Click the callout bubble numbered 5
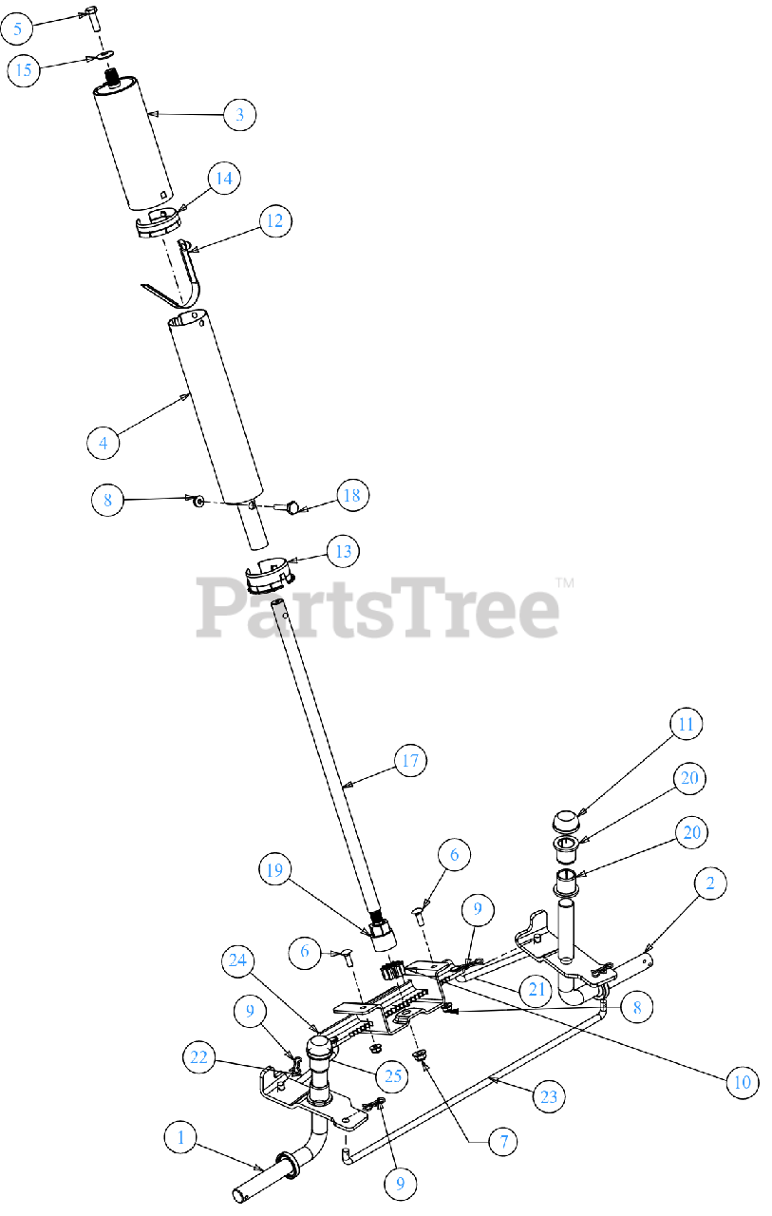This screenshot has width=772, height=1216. click(16, 28)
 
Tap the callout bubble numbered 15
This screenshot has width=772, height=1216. click(26, 69)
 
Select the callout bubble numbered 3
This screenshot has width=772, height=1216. click(239, 115)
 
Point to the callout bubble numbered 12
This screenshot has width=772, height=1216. click(274, 221)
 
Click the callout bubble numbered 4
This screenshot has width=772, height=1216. click(103, 442)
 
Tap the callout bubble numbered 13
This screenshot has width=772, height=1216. click(342, 551)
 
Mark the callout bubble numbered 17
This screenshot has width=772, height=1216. click(410, 760)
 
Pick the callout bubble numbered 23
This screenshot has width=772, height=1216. click(548, 1097)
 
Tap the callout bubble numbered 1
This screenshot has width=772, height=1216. click(179, 1135)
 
